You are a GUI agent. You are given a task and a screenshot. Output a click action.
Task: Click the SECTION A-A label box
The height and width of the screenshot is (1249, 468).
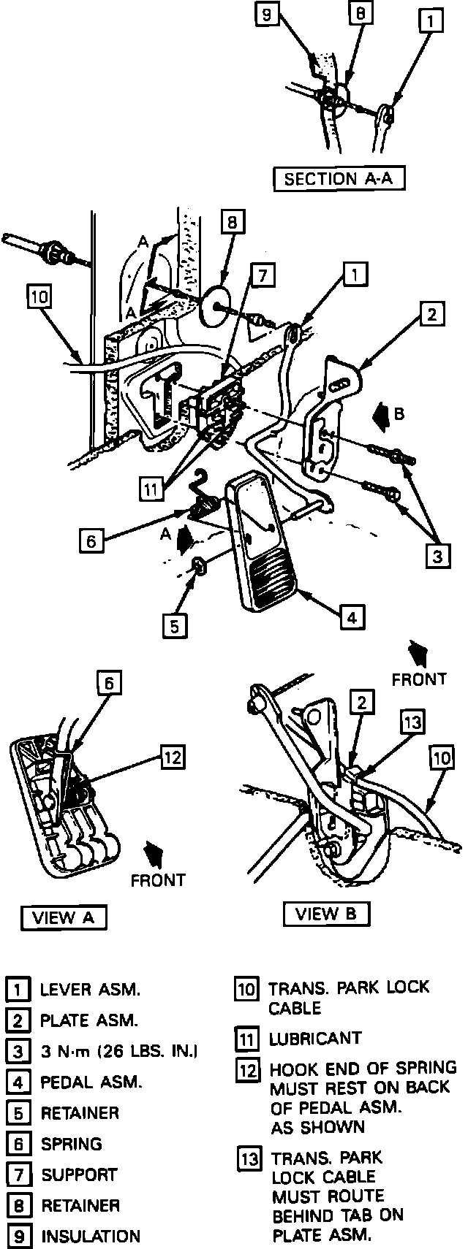339,179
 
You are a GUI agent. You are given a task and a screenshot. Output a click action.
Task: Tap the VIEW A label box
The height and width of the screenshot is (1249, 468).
64,918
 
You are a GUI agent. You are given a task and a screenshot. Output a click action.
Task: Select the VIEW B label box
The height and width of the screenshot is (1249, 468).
326,913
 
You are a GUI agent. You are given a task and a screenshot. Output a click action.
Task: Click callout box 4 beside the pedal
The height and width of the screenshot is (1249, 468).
352,617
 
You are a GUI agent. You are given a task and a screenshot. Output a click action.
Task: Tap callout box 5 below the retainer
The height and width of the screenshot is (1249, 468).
175,625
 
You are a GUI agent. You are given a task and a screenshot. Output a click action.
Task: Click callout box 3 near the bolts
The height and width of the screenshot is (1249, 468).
437,557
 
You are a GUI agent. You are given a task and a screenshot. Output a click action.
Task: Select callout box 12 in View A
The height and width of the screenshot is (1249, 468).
172,757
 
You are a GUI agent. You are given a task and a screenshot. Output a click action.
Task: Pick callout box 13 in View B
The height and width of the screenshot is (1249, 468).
413,723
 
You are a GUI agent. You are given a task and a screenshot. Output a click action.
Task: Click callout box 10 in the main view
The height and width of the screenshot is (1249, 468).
39,297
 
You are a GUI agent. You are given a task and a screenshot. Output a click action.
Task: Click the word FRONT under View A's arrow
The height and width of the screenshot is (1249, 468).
158,880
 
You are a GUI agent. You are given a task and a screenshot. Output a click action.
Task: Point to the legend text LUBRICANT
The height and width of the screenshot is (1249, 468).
315,1038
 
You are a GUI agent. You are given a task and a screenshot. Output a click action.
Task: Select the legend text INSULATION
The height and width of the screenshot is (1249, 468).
90,1236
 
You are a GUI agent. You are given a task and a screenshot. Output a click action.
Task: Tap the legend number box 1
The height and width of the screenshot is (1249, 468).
17,990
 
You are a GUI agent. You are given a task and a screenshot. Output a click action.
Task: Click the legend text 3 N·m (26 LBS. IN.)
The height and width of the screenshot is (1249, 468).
118,1051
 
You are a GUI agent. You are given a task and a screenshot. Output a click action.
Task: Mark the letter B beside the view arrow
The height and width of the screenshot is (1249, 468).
399,413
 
